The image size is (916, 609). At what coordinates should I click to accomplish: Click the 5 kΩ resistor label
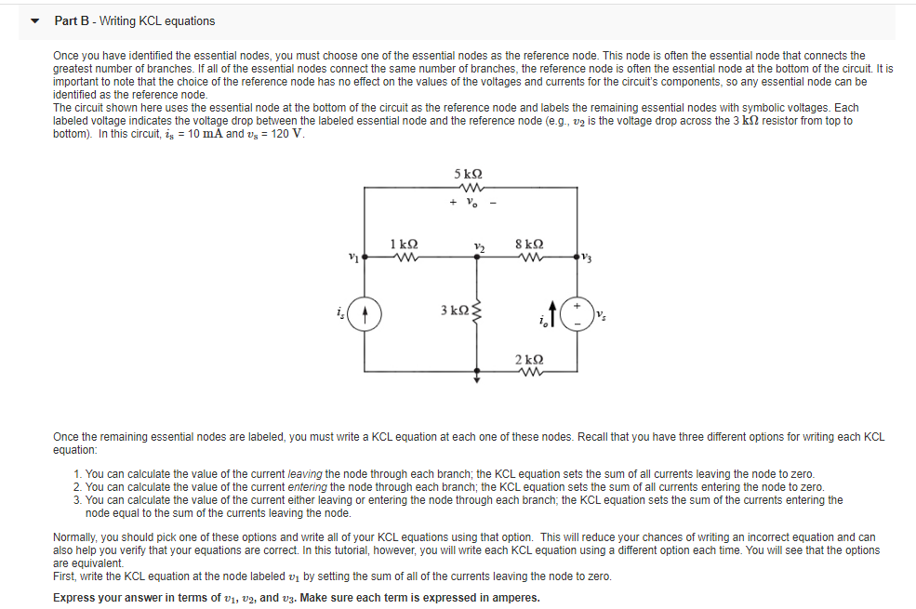[x=468, y=174]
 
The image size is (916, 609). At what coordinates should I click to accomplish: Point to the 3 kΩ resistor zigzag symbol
[x=479, y=309]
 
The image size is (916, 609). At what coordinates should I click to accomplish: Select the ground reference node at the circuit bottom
[x=477, y=379]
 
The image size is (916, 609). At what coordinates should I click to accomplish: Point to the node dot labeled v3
[x=577, y=258]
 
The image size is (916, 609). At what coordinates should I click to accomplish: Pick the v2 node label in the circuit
[x=478, y=246]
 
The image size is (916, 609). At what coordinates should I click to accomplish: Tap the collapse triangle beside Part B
[x=34, y=20]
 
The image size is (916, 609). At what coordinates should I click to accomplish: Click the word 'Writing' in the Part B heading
[x=118, y=20]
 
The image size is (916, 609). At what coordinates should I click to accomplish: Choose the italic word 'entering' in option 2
[x=311, y=487]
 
